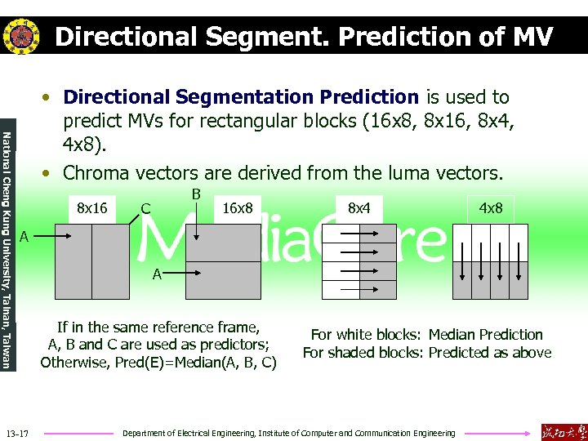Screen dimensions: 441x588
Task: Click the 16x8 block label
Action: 238,207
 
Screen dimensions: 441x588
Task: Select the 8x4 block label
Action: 359,207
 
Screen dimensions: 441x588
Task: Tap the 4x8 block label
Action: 491,207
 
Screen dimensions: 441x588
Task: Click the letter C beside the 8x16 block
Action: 145,208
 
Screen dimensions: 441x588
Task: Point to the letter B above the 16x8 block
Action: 196,194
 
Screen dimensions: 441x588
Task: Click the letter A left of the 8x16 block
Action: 25,237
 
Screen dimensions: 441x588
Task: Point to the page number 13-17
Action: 17,432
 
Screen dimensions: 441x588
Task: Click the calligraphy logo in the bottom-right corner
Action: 563,431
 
